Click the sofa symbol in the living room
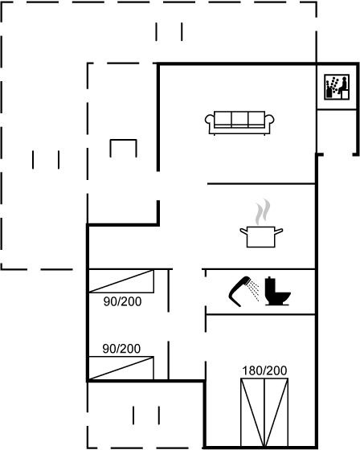[239, 123]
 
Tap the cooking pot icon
[261, 236]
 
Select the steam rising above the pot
[263, 211]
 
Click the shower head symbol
[239, 291]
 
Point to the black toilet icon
[277, 291]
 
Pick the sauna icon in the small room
[337, 87]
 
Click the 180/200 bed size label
[264, 370]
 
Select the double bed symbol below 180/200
[264, 413]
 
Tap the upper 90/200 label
[123, 301]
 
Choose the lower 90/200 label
[121, 349]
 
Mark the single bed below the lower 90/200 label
[121, 368]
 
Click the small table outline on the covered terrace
[124, 141]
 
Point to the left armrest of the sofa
[209, 120]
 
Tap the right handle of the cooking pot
[279, 231]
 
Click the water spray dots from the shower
[254, 290]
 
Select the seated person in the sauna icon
[342, 85]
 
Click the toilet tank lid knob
[268, 277]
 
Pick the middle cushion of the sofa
[239, 119]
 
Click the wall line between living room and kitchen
[261, 183]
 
